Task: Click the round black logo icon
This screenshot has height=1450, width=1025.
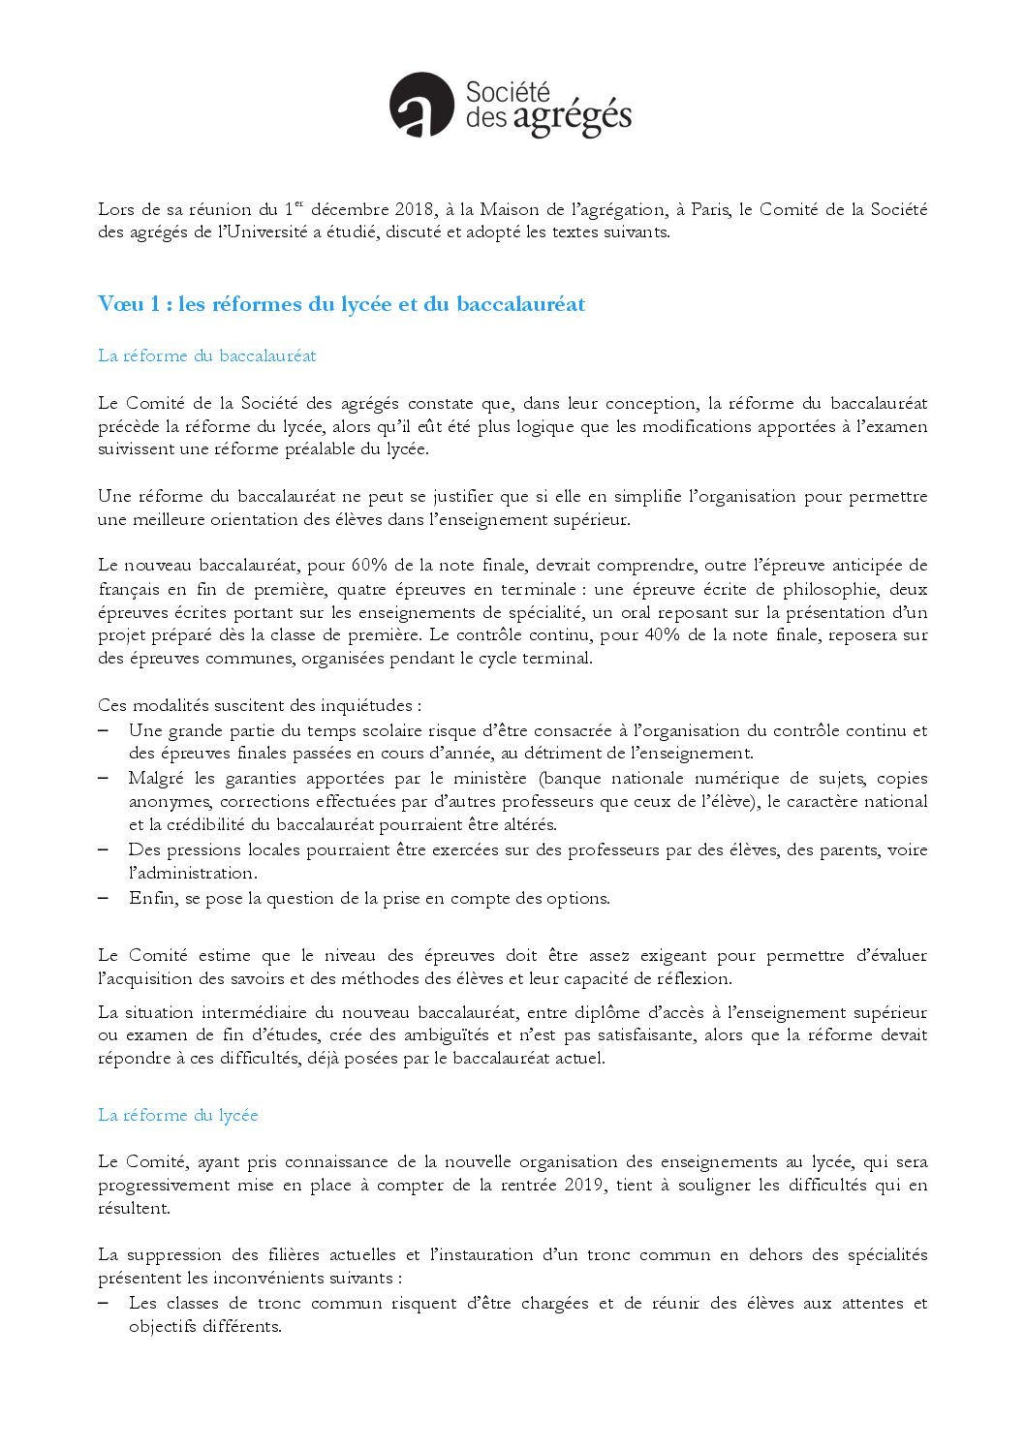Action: pyautogui.click(x=421, y=105)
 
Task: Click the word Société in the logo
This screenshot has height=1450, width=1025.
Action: pyautogui.click(x=508, y=92)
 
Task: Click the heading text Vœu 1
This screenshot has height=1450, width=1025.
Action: pyautogui.click(x=128, y=304)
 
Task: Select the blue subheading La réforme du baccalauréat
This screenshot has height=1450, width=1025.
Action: pyautogui.click(x=206, y=355)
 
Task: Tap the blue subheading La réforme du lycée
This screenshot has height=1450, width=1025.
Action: pyautogui.click(x=177, y=1115)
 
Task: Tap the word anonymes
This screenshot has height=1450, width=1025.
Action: pyautogui.click(x=170, y=802)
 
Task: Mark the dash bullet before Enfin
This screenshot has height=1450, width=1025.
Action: pyautogui.click(x=103, y=898)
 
